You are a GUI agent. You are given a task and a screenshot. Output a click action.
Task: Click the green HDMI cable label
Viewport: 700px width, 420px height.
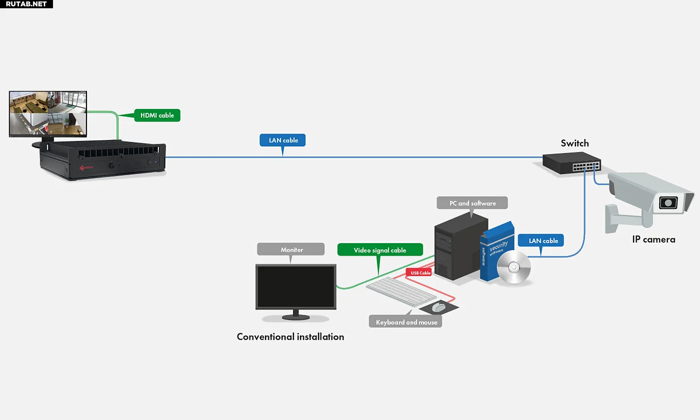pos(157,115)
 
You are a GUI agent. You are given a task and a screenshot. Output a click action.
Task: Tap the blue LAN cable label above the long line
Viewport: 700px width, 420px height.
pos(283,140)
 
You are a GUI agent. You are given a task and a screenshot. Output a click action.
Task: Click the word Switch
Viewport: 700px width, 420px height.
pos(575,143)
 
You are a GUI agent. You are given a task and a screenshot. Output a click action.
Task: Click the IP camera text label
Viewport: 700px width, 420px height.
pos(653,240)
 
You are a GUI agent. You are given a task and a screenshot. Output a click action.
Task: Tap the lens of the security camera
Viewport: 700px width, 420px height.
pos(668,203)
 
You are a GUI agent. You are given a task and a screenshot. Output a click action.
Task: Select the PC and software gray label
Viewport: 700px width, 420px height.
pos(472,203)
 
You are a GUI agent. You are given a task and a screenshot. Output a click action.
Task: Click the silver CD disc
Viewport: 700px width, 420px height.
pos(514,267)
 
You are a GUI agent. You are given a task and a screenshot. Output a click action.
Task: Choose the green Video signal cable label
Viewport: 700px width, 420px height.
pos(380,250)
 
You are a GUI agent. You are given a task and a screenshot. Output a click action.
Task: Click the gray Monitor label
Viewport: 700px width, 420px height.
pos(291,249)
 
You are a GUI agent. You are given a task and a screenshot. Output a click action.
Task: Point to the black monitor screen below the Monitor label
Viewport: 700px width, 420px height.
pos(296,286)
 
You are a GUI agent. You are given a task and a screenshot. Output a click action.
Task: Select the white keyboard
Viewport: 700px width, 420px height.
pos(401,291)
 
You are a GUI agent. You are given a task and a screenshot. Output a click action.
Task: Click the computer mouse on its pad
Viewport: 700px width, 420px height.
pos(439,307)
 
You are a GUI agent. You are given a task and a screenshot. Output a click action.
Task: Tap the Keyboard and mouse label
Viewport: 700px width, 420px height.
pos(406,322)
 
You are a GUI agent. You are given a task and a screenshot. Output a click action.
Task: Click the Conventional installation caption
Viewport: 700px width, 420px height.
pos(290,337)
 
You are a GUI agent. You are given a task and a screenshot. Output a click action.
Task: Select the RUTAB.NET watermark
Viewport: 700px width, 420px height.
pos(26,4)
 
